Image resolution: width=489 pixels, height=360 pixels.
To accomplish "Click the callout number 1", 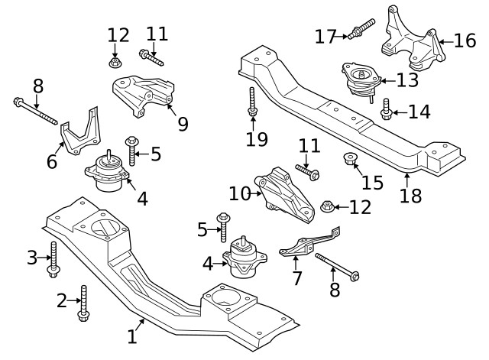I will pos(131,336).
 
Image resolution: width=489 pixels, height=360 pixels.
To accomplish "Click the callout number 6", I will pos(52,162).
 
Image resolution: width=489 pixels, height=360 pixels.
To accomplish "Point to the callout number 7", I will pos(296,277).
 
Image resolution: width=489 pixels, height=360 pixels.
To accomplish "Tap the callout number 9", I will pos(182,122).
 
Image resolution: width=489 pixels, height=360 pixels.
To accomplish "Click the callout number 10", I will pos(239,193).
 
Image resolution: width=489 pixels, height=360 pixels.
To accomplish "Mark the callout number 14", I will pos(419,112).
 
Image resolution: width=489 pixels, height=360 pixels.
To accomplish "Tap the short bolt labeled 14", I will pos(387,110).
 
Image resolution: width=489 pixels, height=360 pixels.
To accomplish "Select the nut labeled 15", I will pos(352,160).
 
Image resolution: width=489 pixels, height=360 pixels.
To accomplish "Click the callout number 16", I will pos(465,40).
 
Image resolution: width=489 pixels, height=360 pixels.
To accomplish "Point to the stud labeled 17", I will pos(360,31).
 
